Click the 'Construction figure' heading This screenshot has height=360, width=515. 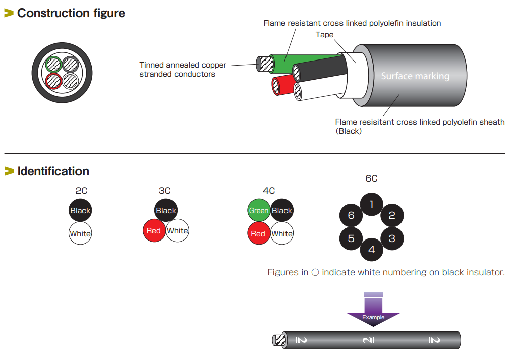point(71,13)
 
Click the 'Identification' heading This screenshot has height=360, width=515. point(53,171)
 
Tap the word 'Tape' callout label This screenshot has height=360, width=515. point(324,35)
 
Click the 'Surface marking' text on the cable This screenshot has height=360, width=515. point(415,76)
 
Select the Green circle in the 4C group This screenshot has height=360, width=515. point(259,211)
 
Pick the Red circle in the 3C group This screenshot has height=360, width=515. point(154,231)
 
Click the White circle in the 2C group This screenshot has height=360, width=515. point(80,233)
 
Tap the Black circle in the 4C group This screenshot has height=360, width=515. point(282,211)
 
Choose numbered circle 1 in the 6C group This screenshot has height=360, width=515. point(371,204)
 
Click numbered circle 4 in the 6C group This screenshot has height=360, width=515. point(371,250)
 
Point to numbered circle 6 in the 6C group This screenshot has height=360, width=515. point(351,216)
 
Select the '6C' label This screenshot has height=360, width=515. point(371,178)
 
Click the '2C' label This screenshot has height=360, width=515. point(81,191)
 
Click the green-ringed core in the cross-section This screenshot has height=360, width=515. point(53,65)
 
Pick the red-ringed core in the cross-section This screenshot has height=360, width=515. point(53,81)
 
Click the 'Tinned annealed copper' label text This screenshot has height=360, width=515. point(183,65)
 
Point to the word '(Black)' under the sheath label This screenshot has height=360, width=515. point(349,131)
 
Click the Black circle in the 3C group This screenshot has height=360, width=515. point(165,211)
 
